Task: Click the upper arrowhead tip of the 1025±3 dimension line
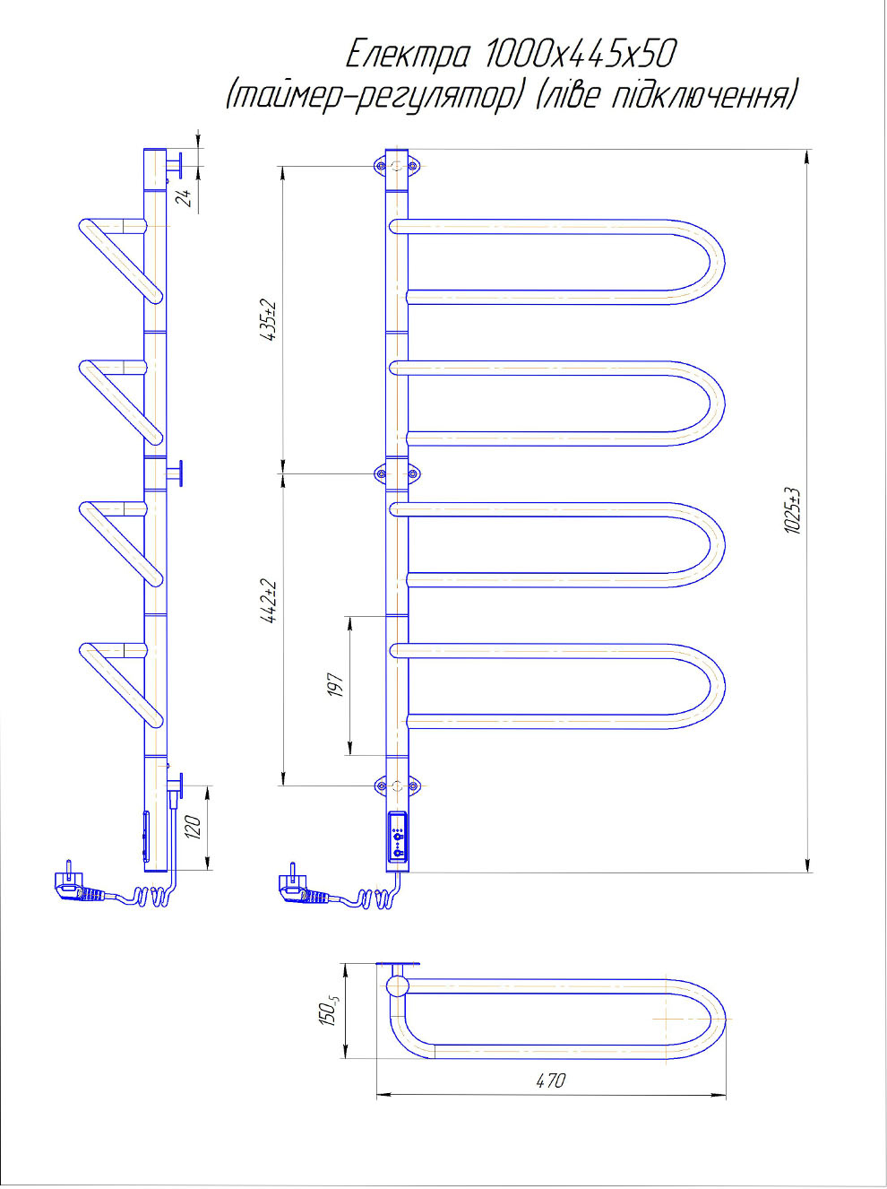(x=807, y=150)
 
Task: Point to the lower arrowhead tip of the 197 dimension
(x=349, y=755)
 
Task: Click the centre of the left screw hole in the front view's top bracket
(x=381, y=166)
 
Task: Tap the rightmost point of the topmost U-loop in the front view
(x=725, y=262)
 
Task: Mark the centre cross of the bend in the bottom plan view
(x=693, y=1019)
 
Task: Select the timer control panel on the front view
(x=398, y=844)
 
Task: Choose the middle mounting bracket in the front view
(x=397, y=474)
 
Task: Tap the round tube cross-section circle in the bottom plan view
(x=398, y=985)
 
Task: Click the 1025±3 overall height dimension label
(x=794, y=511)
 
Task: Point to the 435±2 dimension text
(x=269, y=320)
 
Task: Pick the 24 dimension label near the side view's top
(x=185, y=198)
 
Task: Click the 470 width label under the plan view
(x=550, y=1081)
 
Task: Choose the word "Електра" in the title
(x=407, y=56)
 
